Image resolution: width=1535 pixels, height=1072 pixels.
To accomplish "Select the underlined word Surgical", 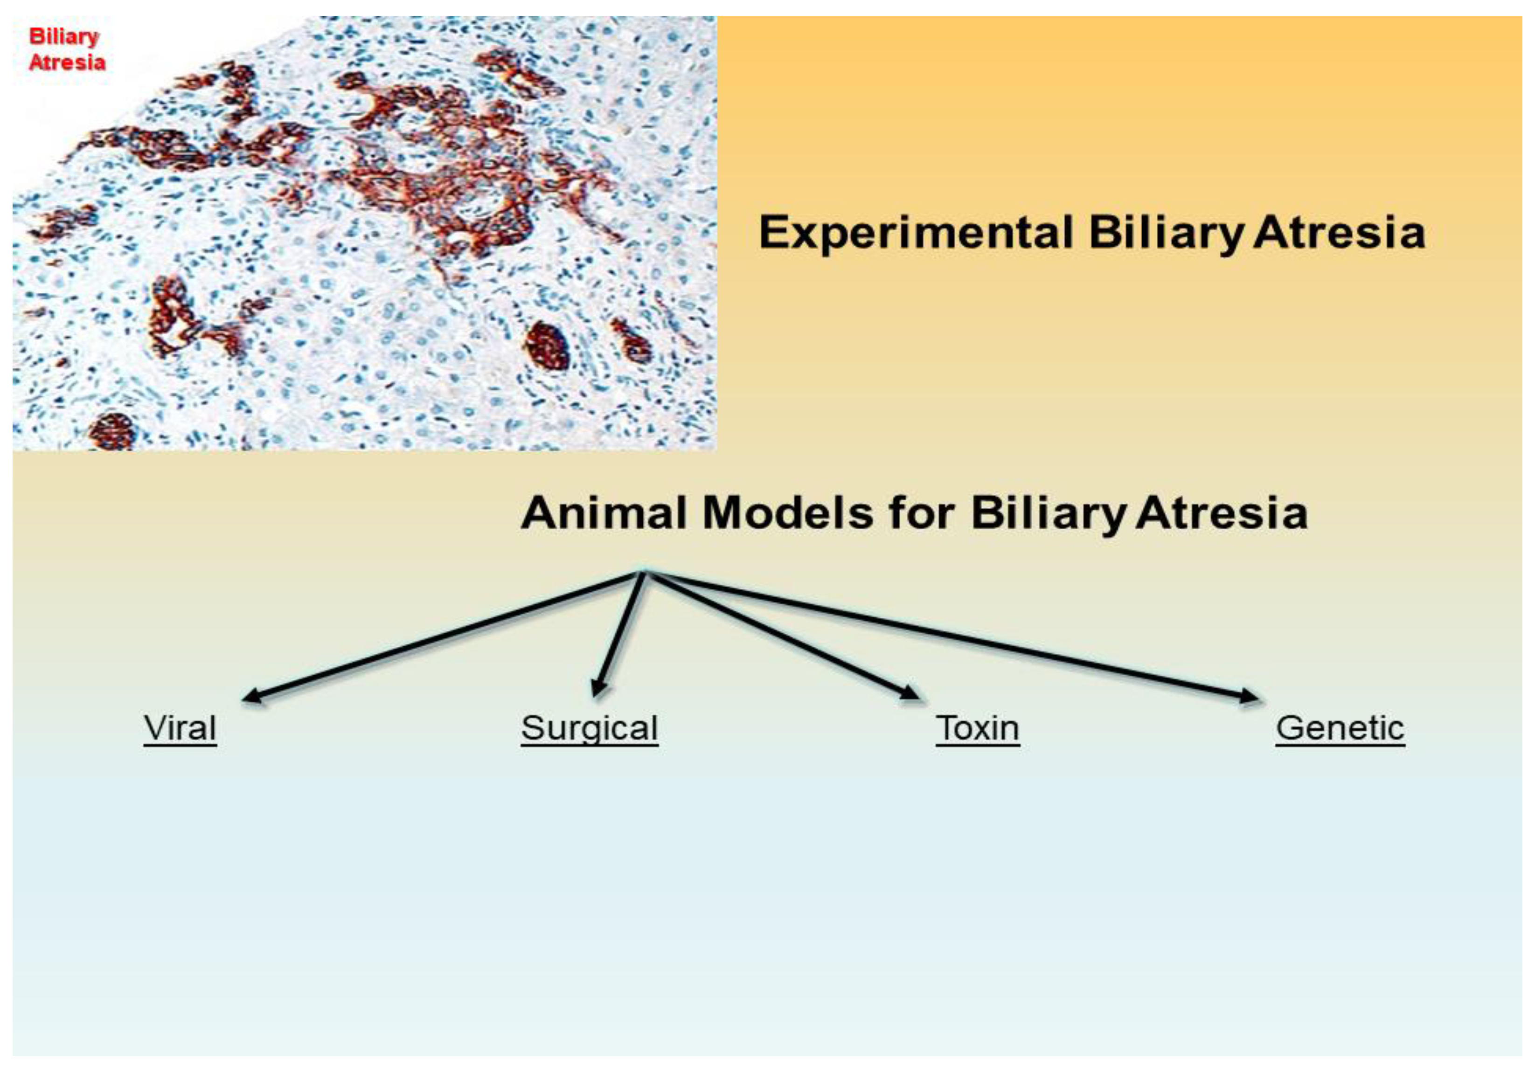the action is (x=590, y=730).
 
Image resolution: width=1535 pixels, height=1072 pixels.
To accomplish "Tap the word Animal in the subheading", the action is (x=604, y=513).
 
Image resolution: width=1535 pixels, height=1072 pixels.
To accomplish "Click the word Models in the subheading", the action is (x=788, y=513).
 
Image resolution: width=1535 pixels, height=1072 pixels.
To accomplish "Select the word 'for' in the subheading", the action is (x=921, y=513).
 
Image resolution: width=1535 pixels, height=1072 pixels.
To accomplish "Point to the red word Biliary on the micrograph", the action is (x=63, y=37).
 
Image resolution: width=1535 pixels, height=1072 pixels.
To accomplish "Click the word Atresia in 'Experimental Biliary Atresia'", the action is (x=1339, y=233).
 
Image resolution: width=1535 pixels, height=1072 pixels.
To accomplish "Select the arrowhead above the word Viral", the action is (x=251, y=696).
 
